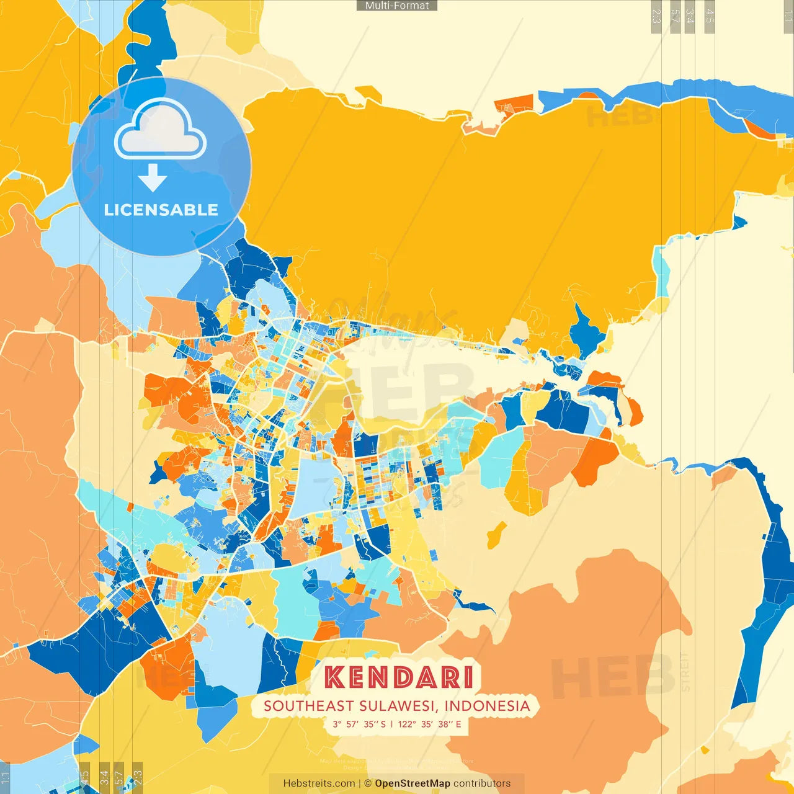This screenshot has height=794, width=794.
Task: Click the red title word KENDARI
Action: pyautogui.click(x=398, y=677)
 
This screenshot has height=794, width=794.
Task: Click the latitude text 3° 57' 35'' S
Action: pyautogui.click(x=359, y=724)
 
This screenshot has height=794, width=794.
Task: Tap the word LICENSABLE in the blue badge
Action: pyautogui.click(x=161, y=210)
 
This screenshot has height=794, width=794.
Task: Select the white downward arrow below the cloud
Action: pyautogui.click(x=153, y=178)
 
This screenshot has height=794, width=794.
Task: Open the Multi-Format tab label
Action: pyautogui.click(x=397, y=6)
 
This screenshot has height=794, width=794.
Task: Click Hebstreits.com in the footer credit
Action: pyautogui.click(x=319, y=783)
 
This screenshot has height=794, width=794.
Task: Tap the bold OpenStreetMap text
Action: pyautogui.click(x=413, y=783)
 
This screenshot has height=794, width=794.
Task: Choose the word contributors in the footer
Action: pyautogui.click(x=482, y=783)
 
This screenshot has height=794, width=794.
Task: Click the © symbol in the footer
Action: pyautogui.click(x=367, y=783)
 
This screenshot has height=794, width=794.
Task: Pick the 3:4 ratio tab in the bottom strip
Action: pyautogui.click(x=104, y=777)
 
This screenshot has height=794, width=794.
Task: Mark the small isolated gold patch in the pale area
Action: pyautogui.click(x=496, y=535)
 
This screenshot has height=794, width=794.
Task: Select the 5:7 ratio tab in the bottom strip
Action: pyautogui.click(x=120, y=777)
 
